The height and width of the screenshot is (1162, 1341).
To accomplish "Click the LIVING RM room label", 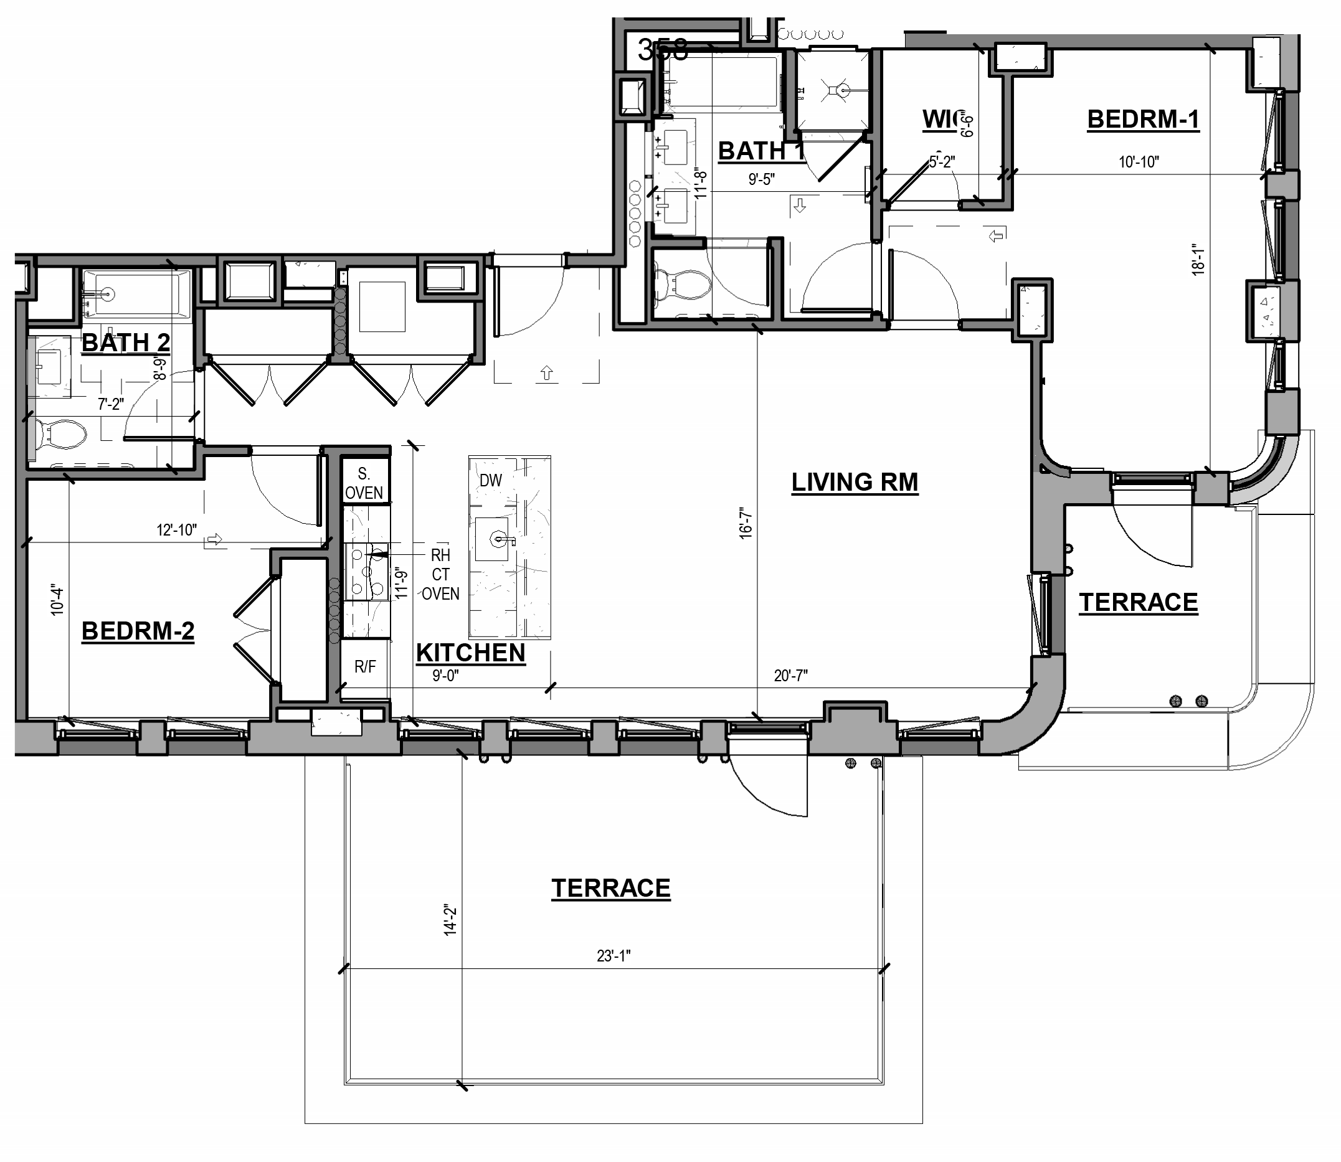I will [855, 483].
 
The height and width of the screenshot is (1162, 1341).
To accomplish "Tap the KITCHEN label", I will [471, 653].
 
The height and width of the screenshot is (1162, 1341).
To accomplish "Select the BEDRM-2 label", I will [138, 630].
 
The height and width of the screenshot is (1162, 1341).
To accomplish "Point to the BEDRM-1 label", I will [1143, 120].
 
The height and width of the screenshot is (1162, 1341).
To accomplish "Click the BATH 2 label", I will [126, 342].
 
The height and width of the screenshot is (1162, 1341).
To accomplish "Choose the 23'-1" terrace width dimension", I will [614, 956].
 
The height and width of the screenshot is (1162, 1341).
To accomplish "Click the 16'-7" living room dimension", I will [746, 522].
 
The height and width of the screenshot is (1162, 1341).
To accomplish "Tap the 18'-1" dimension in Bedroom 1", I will [1198, 260].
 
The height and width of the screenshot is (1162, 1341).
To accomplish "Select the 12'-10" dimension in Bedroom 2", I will [176, 531].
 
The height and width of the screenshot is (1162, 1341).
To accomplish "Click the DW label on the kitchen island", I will [491, 481].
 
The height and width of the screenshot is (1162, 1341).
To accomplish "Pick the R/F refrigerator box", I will [365, 667].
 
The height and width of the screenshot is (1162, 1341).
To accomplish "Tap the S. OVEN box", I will [364, 484].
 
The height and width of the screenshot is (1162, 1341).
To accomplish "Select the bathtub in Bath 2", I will [136, 295].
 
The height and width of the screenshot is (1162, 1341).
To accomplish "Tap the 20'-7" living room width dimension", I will [790, 676].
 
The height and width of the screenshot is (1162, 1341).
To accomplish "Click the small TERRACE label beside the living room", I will [1139, 602].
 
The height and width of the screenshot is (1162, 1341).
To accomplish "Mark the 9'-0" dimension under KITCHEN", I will [445, 676].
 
